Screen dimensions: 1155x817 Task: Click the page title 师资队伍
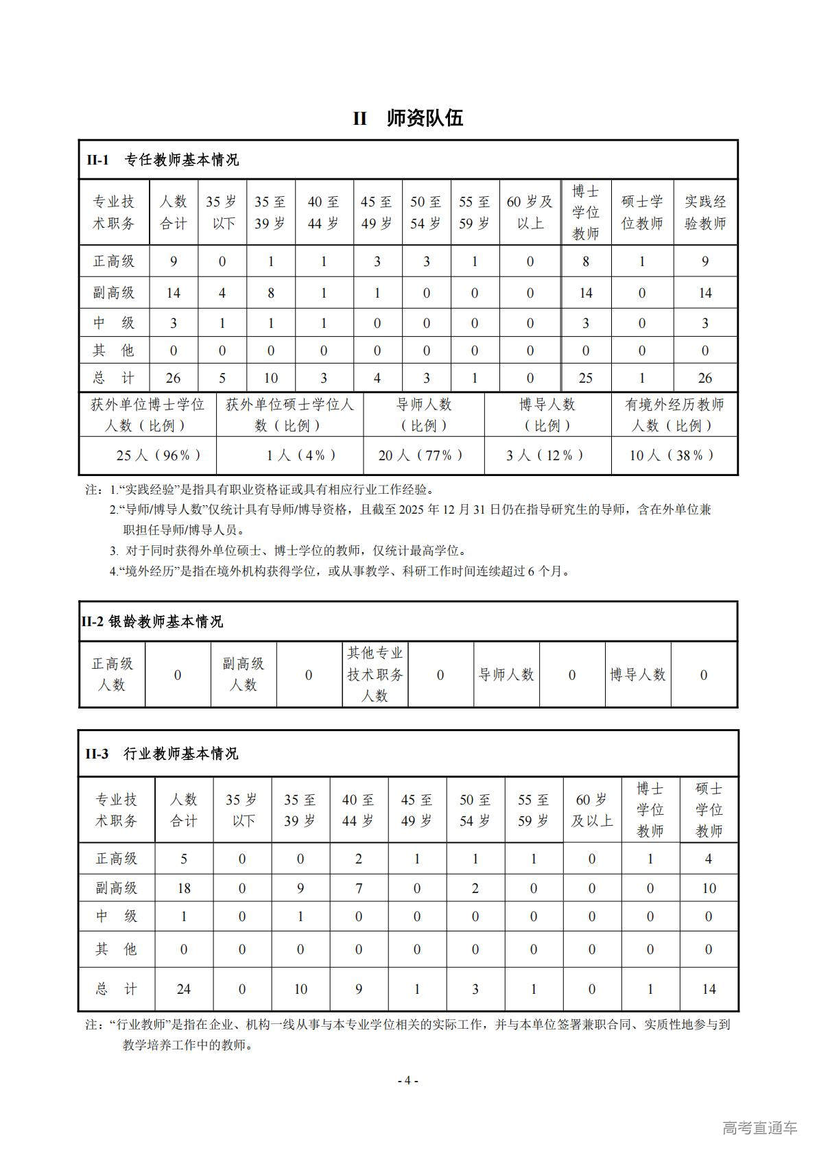tap(425, 119)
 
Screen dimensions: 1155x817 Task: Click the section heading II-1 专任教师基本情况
tap(163, 160)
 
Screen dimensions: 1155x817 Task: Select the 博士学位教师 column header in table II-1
tap(585, 213)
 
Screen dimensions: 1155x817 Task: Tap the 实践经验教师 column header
tap(704, 213)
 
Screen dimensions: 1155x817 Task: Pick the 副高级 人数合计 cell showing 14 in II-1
tap(173, 294)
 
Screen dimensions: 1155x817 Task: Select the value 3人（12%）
tap(546, 455)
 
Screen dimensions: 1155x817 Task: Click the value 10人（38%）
tap(673, 455)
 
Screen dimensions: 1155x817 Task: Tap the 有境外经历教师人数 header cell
tap(674, 415)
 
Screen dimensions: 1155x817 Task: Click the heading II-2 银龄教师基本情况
tap(152, 622)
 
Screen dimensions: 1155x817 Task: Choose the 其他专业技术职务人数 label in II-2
tap(375, 675)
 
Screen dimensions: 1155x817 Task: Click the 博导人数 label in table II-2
tap(637, 675)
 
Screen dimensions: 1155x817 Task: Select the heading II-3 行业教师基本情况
tap(162, 754)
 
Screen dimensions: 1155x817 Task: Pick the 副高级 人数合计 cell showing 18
tap(184, 889)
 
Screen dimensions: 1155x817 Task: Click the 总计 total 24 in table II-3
tap(184, 990)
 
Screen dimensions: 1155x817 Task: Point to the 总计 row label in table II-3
tap(116, 990)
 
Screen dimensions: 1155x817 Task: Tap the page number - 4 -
tap(408, 1081)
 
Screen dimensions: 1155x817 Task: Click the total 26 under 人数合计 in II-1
tap(173, 379)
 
